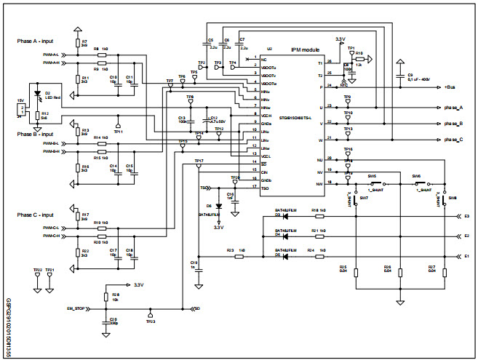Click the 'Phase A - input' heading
coord(39,42)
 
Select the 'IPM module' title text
coord(304,49)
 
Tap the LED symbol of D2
coord(38,96)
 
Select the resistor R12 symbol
coord(37,115)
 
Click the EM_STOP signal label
coord(76,308)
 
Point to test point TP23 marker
coord(150,314)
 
